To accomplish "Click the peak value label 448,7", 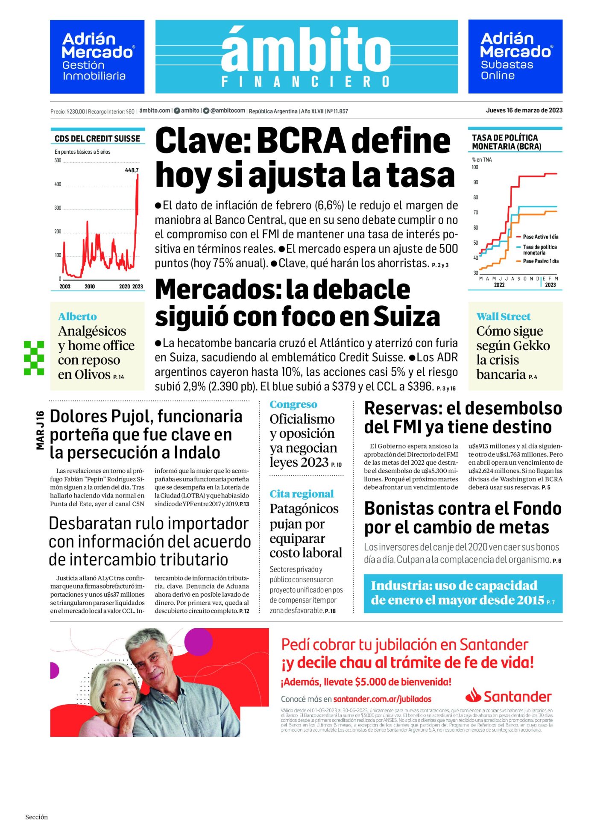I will coord(132,170).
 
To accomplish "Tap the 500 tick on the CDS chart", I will coord(58,161).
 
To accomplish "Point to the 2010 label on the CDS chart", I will coord(90,286).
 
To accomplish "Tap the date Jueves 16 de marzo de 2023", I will coord(524,110).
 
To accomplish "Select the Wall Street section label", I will coord(503,316).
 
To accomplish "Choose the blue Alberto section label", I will coord(77,316).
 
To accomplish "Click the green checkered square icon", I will coord(34,358).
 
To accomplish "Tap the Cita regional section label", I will coord(301,494).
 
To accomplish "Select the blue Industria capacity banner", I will coord(463,593).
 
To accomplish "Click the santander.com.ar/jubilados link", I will coord(382,699).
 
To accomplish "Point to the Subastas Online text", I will coord(507,70).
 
